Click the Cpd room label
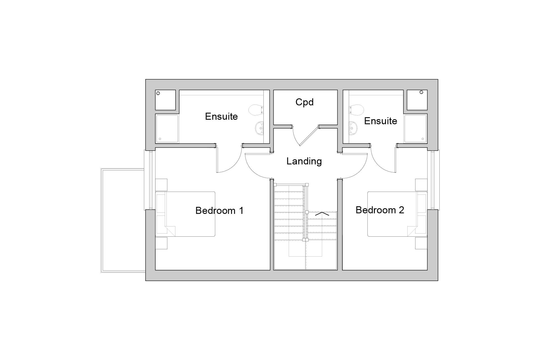[304, 102]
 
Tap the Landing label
[304, 161]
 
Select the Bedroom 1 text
[219, 210]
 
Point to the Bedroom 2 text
[380, 210]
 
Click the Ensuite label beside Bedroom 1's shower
[221, 116]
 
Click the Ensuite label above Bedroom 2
[380, 121]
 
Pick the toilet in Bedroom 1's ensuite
[256, 110]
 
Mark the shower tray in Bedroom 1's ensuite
[167, 128]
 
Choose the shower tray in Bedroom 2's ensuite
[415, 128]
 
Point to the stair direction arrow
[322, 214]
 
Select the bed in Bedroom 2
[394, 214]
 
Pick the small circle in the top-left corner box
[158, 93]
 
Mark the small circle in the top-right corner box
[421, 92]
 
